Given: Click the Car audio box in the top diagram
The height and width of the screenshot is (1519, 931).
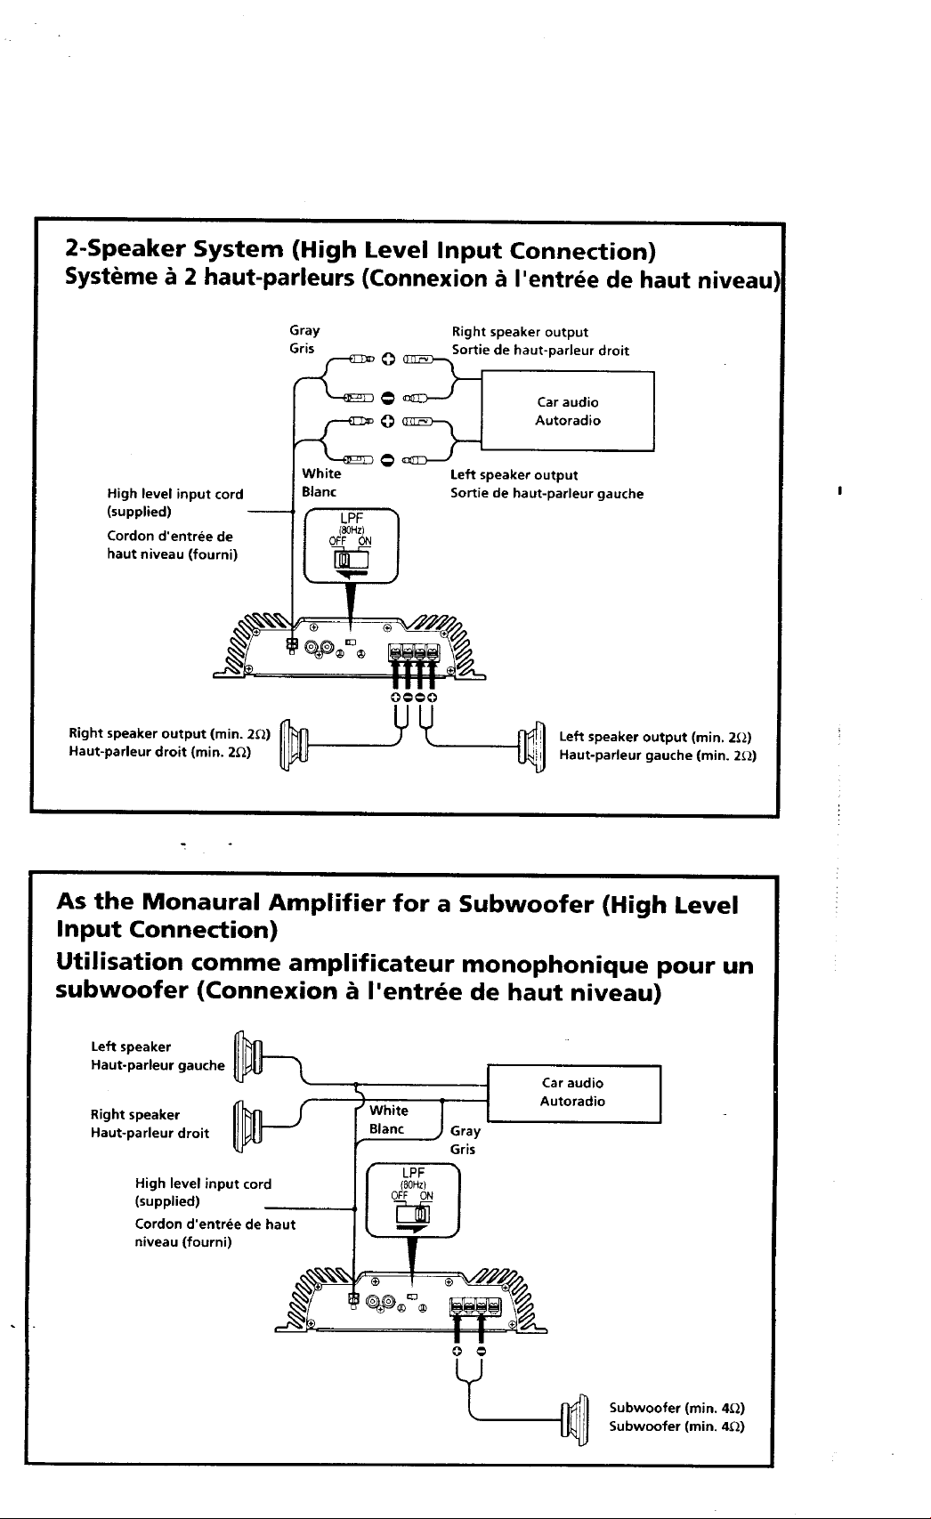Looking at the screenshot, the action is click(568, 411).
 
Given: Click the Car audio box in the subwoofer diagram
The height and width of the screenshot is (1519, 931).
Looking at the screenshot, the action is click(574, 1094).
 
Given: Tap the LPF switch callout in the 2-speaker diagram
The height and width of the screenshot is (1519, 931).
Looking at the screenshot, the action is click(351, 545).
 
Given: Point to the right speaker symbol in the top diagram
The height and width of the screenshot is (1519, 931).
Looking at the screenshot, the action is click(295, 746).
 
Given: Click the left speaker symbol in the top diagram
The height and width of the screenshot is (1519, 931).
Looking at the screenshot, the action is click(532, 747).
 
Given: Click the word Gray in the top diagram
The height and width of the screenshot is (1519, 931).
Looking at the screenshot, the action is click(304, 331).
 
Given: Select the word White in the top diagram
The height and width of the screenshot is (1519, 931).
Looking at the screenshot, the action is click(321, 473).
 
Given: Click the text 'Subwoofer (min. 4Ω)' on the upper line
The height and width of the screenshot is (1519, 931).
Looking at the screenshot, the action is click(676, 1408).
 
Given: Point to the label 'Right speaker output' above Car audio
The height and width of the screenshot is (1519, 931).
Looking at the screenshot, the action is click(520, 332).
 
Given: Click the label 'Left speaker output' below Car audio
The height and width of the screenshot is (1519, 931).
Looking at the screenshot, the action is click(514, 475).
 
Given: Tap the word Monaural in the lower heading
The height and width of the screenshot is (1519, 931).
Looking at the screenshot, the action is click(201, 902).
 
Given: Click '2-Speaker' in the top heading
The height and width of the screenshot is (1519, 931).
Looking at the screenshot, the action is click(125, 250).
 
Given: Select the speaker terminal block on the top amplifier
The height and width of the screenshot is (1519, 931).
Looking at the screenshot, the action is click(413, 653).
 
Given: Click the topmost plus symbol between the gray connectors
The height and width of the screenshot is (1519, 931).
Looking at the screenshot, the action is click(387, 360).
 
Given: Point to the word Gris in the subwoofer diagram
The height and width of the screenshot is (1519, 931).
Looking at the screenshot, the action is click(463, 1149).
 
